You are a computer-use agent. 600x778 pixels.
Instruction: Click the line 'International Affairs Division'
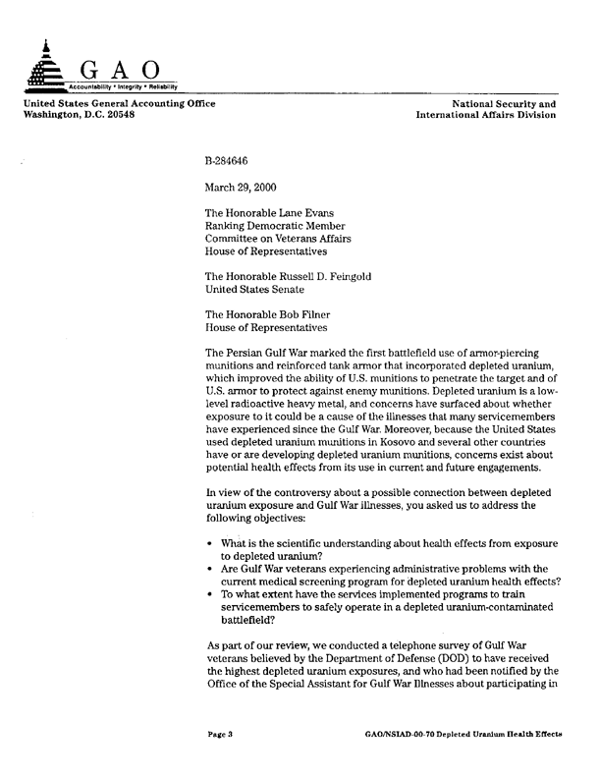click(x=486, y=115)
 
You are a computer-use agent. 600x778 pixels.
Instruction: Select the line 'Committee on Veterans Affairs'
click(x=278, y=237)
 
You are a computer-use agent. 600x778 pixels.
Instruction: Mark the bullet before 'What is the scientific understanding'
click(x=211, y=543)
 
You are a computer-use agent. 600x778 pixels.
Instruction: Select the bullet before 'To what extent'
click(x=211, y=595)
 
